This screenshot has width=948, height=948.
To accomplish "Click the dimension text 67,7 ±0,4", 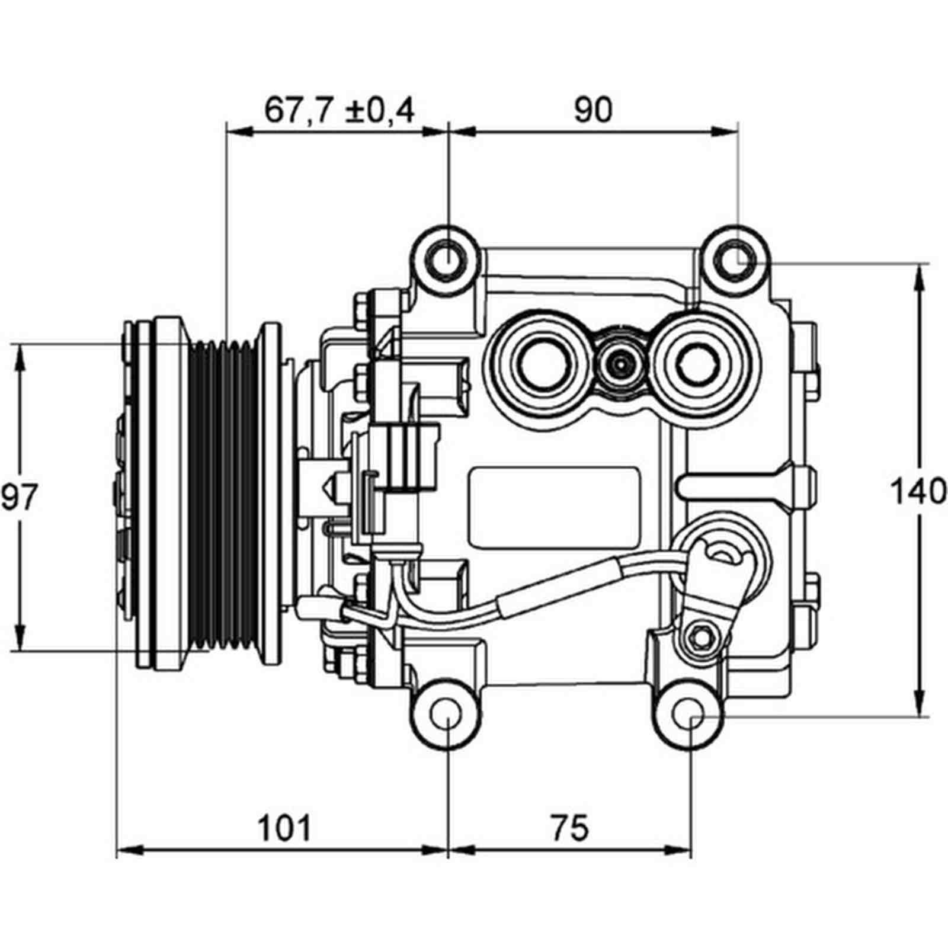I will pyautogui.click(x=339, y=110).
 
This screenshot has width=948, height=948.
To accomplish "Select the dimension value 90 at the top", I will pyautogui.click(x=593, y=110).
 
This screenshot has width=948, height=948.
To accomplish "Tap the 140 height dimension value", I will pyautogui.click(x=918, y=492).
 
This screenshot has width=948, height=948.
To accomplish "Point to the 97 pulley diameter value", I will pyautogui.click(x=19, y=497).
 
